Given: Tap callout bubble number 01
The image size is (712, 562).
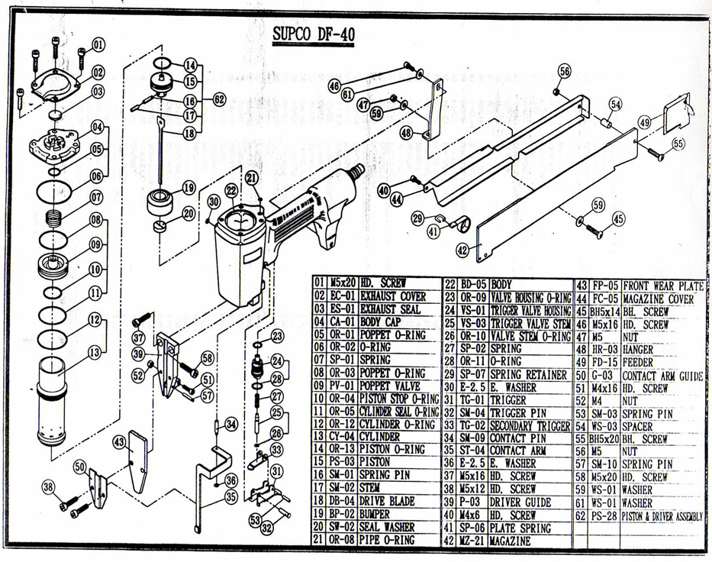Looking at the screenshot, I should coord(98,44).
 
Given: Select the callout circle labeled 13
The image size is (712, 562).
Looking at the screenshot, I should coord(95,352).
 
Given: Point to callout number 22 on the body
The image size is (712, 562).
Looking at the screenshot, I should coord(232,190).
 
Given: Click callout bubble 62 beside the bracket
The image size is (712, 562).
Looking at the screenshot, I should coord(219,99).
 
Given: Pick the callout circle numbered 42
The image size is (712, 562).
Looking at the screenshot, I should coord(463,249).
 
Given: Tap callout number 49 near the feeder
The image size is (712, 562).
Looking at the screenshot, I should coord(645,121).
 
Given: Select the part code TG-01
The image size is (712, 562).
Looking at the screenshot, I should coord(472,399).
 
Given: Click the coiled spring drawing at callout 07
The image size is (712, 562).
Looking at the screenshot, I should coord(56,217).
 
